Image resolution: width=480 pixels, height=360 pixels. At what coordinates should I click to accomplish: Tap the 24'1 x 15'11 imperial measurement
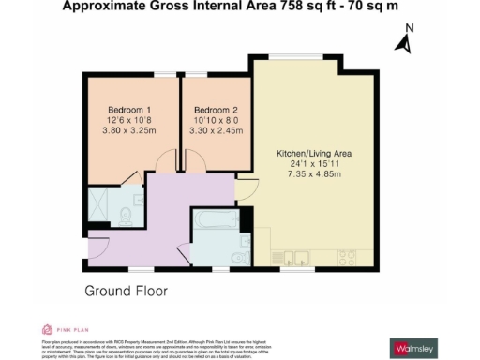click(314, 164)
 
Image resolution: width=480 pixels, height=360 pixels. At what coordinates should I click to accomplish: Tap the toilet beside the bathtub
click(241, 257)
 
